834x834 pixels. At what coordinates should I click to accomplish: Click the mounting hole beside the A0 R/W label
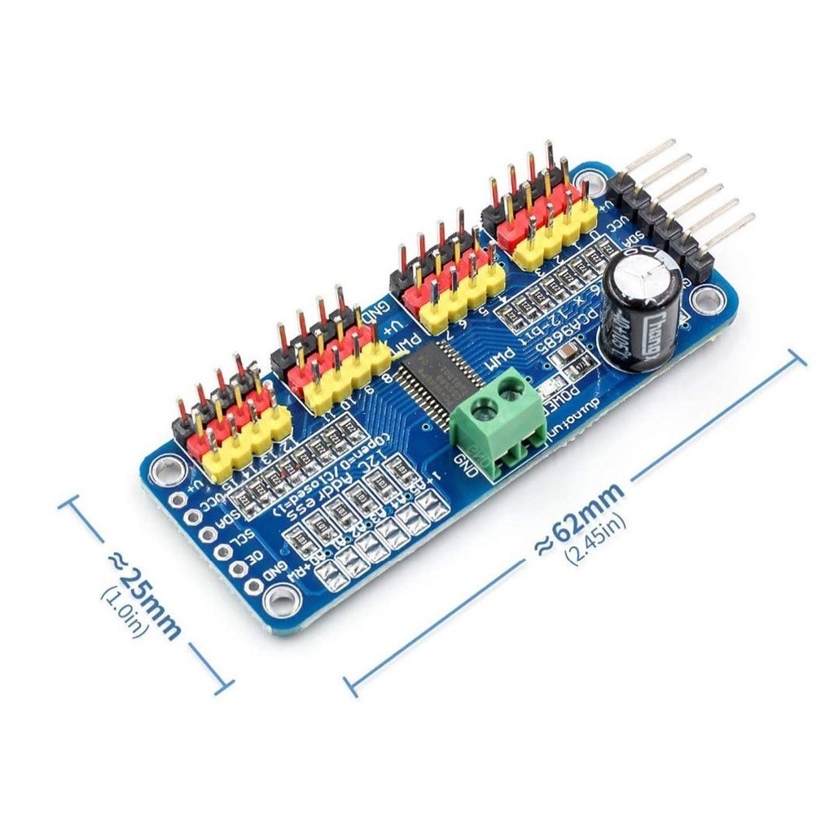click(281, 600)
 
